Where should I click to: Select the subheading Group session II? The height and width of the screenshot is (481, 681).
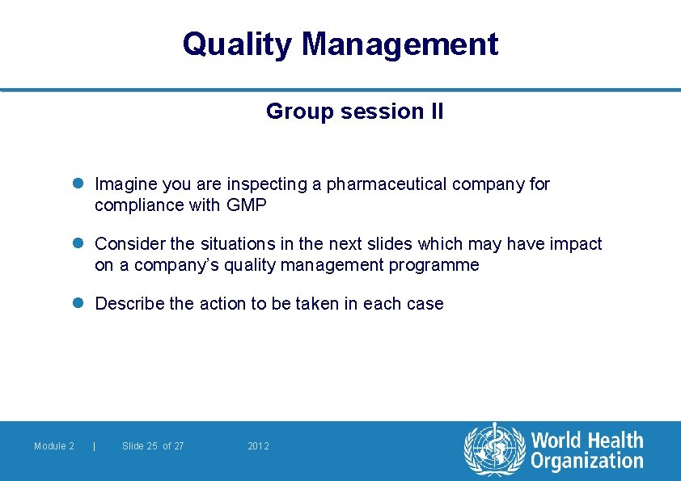pyautogui.click(x=354, y=112)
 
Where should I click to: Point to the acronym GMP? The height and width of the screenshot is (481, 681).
pyautogui.click(x=247, y=205)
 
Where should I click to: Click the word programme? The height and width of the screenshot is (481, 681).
pyautogui.click(x=438, y=265)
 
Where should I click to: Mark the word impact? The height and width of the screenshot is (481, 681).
pyautogui.click(x=577, y=244)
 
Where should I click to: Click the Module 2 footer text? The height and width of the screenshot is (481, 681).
pyautogui.click(x=54, y=446)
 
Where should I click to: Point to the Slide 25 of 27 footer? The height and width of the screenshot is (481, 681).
pyautogui.click(x=153, y=446)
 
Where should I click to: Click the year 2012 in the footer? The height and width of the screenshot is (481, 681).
pyautogui.click(x=258, y=446)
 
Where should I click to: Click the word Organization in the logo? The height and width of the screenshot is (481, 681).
pyautogui.click(x=586, y=462)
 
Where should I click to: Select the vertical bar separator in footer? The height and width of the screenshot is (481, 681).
pyautogui.click(x=95, y=446)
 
